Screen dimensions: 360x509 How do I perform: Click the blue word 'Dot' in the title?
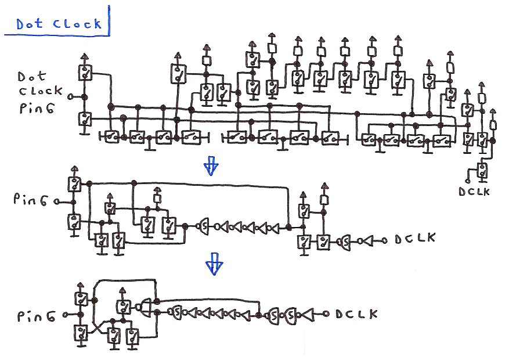click(x=28, y=24)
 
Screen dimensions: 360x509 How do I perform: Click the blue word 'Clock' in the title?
click(x=76, y=24)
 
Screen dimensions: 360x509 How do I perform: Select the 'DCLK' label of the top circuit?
click(x=474, y=191)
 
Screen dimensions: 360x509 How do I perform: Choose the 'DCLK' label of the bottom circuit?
click(x=356, y=314)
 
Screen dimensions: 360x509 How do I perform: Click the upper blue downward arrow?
click(x=211, y=167)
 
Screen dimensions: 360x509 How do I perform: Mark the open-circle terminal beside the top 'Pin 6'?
click(x=71, y=96)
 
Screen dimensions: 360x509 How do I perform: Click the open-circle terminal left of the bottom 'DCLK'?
click(x=327, y=314)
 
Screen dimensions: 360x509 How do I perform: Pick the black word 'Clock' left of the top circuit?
click(x=41, y=91)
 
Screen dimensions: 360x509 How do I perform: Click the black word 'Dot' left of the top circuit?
click(x=29, y=77)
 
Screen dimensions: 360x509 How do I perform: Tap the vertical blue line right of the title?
click(x=109, y=20)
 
